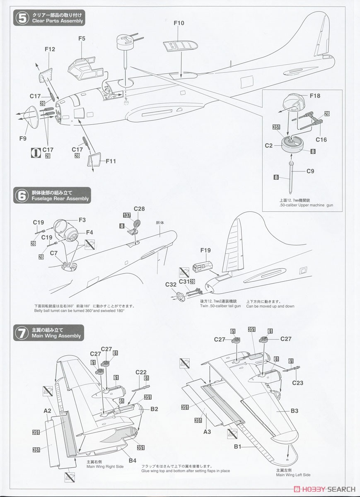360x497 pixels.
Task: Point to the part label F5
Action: [x=82, y=39]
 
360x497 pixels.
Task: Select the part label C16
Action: [x=321, y=140]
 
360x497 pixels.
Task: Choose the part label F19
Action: [x=206, y=250]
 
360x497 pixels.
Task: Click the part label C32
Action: [x=171, y=285]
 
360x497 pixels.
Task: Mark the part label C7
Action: [x=53, y=253]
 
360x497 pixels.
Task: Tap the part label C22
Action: [x=141, y=372]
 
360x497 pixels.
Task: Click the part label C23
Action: [x=297, y=383]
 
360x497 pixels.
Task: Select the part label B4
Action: [x=132, y=460]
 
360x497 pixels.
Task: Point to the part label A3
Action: [x=208, y=431]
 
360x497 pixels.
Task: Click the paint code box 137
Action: [x=127, y=215]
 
